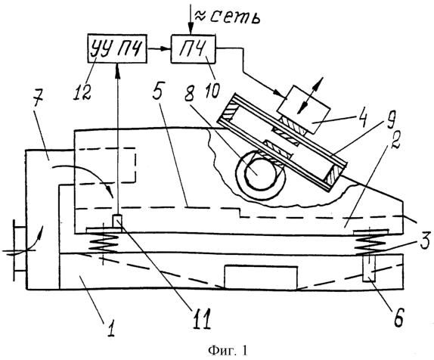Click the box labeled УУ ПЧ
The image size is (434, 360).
117,48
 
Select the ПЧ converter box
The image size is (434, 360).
194,49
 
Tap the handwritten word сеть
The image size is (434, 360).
235,17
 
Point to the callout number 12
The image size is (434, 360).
82,90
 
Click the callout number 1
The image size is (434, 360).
111,325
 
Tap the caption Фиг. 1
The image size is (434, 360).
228,351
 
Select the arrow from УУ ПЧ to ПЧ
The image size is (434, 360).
159,49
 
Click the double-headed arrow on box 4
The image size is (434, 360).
310,95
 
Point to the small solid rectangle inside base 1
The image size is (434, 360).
261,278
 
